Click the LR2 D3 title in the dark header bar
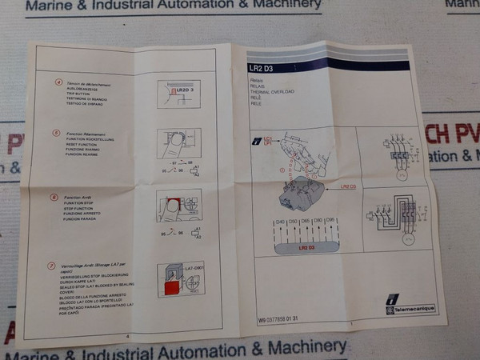(261, 70)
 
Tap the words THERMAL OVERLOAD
(271, 92)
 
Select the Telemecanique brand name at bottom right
(413, 309)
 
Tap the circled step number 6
(54, 197)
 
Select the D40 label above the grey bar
(280, 221)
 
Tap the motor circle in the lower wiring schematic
(407, 237)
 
